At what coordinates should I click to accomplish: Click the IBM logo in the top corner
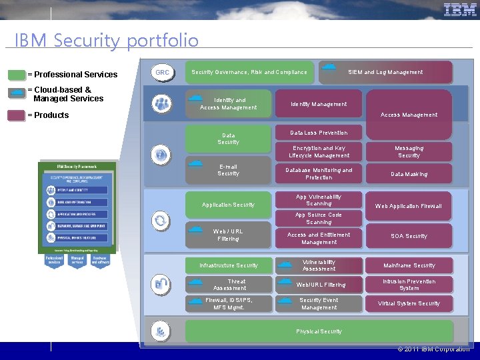click(x=460, y=9)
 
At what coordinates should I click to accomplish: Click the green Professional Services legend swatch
click(x=16, y=75)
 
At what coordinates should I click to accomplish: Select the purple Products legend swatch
click(x=16, y=115)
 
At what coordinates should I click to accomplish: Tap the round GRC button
click(x=162, y=72)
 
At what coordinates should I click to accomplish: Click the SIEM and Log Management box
click(x=385, y=72)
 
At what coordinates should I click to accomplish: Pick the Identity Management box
click(x=319, y=104)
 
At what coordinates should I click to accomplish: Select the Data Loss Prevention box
click(x=319, y=133)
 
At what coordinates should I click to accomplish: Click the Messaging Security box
click(x=409, y=152)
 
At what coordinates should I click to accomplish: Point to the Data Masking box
click(x=409, y=174)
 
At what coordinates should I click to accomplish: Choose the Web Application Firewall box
click(x=408, y=206)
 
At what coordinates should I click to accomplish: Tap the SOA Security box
click(x=408, y=236)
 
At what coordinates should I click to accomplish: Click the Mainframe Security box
click(x=409, y=265)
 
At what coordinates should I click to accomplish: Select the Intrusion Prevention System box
click(x=409, y=285)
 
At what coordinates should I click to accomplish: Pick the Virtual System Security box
click(x=409, y=303)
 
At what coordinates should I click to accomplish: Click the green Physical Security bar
click(x=319, y=331)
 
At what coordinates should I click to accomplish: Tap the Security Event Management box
click(x=319, y=304)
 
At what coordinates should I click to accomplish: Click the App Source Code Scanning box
click(x=319, y=219)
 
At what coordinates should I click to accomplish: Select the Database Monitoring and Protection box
click(x=319, y=174)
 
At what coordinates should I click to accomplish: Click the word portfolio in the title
click(x=163, y=41)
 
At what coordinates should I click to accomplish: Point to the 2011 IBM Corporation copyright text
click(x=433, y=349)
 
